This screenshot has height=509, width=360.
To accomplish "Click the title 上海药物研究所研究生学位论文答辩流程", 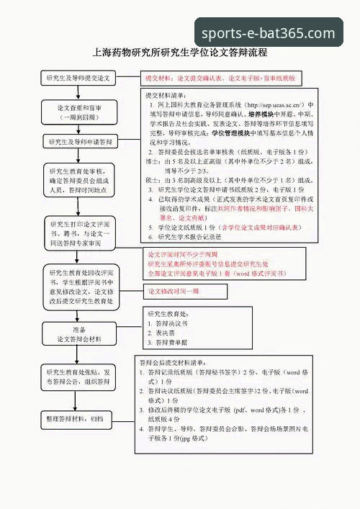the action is (180, 53).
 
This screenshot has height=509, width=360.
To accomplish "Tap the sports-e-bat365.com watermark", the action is (268, 33).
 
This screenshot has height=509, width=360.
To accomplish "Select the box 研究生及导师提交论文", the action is (79, 77).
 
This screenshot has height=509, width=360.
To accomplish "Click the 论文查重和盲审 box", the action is (79, 111).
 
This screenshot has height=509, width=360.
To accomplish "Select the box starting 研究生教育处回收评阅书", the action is (79, 287).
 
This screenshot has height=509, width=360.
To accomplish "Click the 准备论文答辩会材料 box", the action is (79, 333).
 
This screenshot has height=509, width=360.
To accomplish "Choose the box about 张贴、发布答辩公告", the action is (79, 377).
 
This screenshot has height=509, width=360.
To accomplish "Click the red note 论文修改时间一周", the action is (174, 292).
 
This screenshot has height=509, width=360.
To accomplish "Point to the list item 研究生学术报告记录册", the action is (190, 236).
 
